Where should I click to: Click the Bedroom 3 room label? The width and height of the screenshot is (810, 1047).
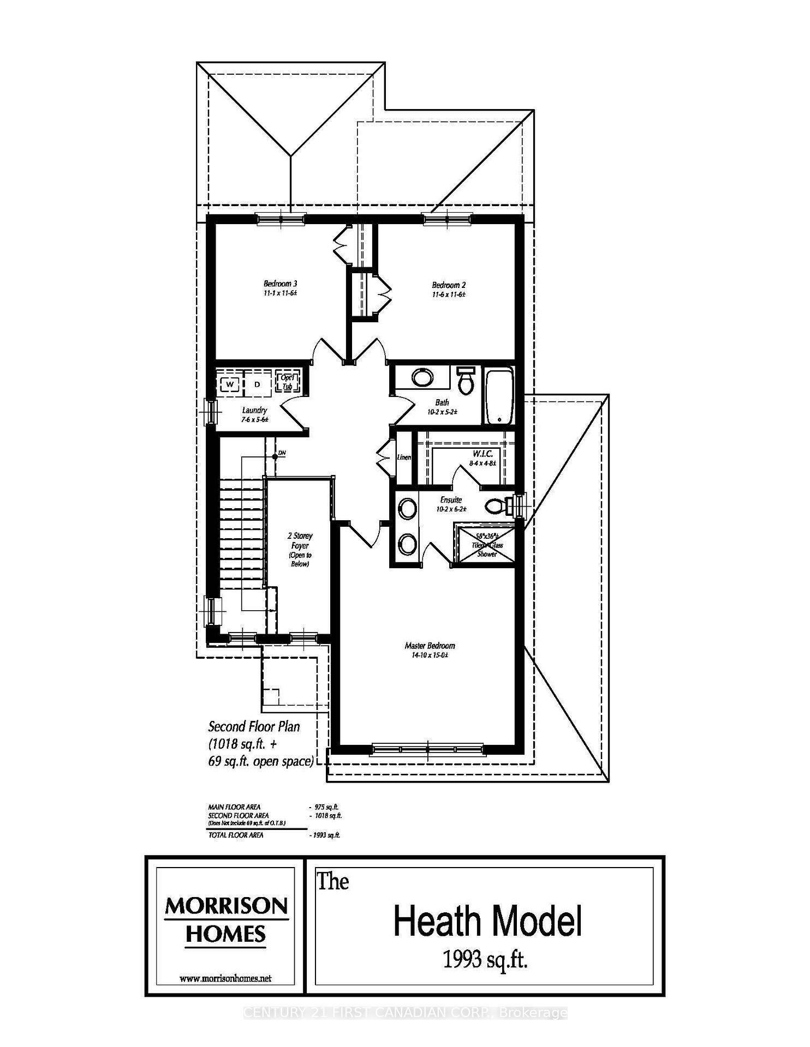pyautogui.click(x=280, y=284)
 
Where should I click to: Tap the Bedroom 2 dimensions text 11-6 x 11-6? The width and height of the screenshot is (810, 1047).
pyautogui.click(x=448, y=294)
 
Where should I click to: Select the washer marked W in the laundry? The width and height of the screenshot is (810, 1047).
pyautogui.click(x=230, y=384)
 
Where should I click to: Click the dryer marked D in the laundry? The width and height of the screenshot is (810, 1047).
pyautogui.click(x=257, y=384)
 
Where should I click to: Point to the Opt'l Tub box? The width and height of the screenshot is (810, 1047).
pyautogui.click(x=287, y=382)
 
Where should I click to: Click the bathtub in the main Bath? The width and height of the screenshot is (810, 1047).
pyautogui.click(x=499, y=397)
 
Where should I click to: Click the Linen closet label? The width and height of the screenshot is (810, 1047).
pyautogui.click(x=404, y=457)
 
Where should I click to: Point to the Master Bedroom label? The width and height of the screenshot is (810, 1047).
pyautogui.click(x=430, y=646)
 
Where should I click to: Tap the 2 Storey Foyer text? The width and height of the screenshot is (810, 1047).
pyautogui.click(x=300, y=541)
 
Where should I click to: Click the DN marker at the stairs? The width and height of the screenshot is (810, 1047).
pyautogui.click(x=282, y=453)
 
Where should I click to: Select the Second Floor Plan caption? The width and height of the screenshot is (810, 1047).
pyautogui.click(x=254, y=726)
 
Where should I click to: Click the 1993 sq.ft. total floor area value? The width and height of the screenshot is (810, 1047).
pyautogui.click(x=324, y=835)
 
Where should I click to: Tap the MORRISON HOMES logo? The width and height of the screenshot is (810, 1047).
pyautogui.click(x=226, y=920)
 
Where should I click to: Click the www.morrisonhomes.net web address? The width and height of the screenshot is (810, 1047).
pyautogui.click(x=225, y=978)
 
